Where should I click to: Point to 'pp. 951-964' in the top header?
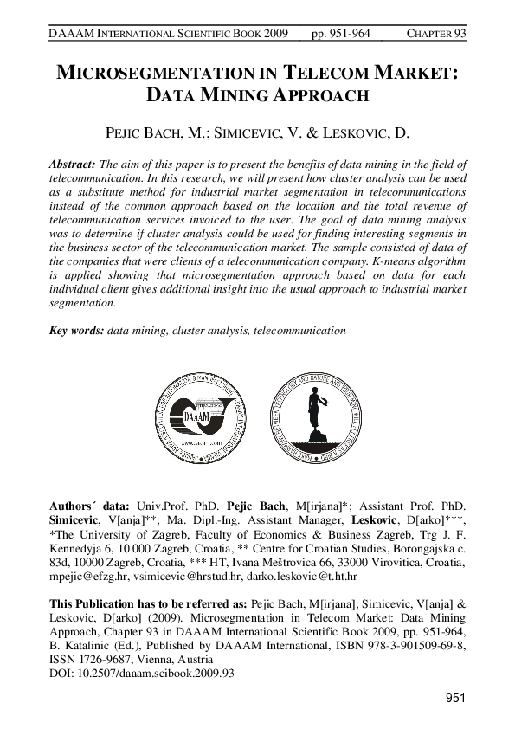coord(340,34)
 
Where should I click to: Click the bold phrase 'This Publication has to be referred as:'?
coord(148,604)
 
